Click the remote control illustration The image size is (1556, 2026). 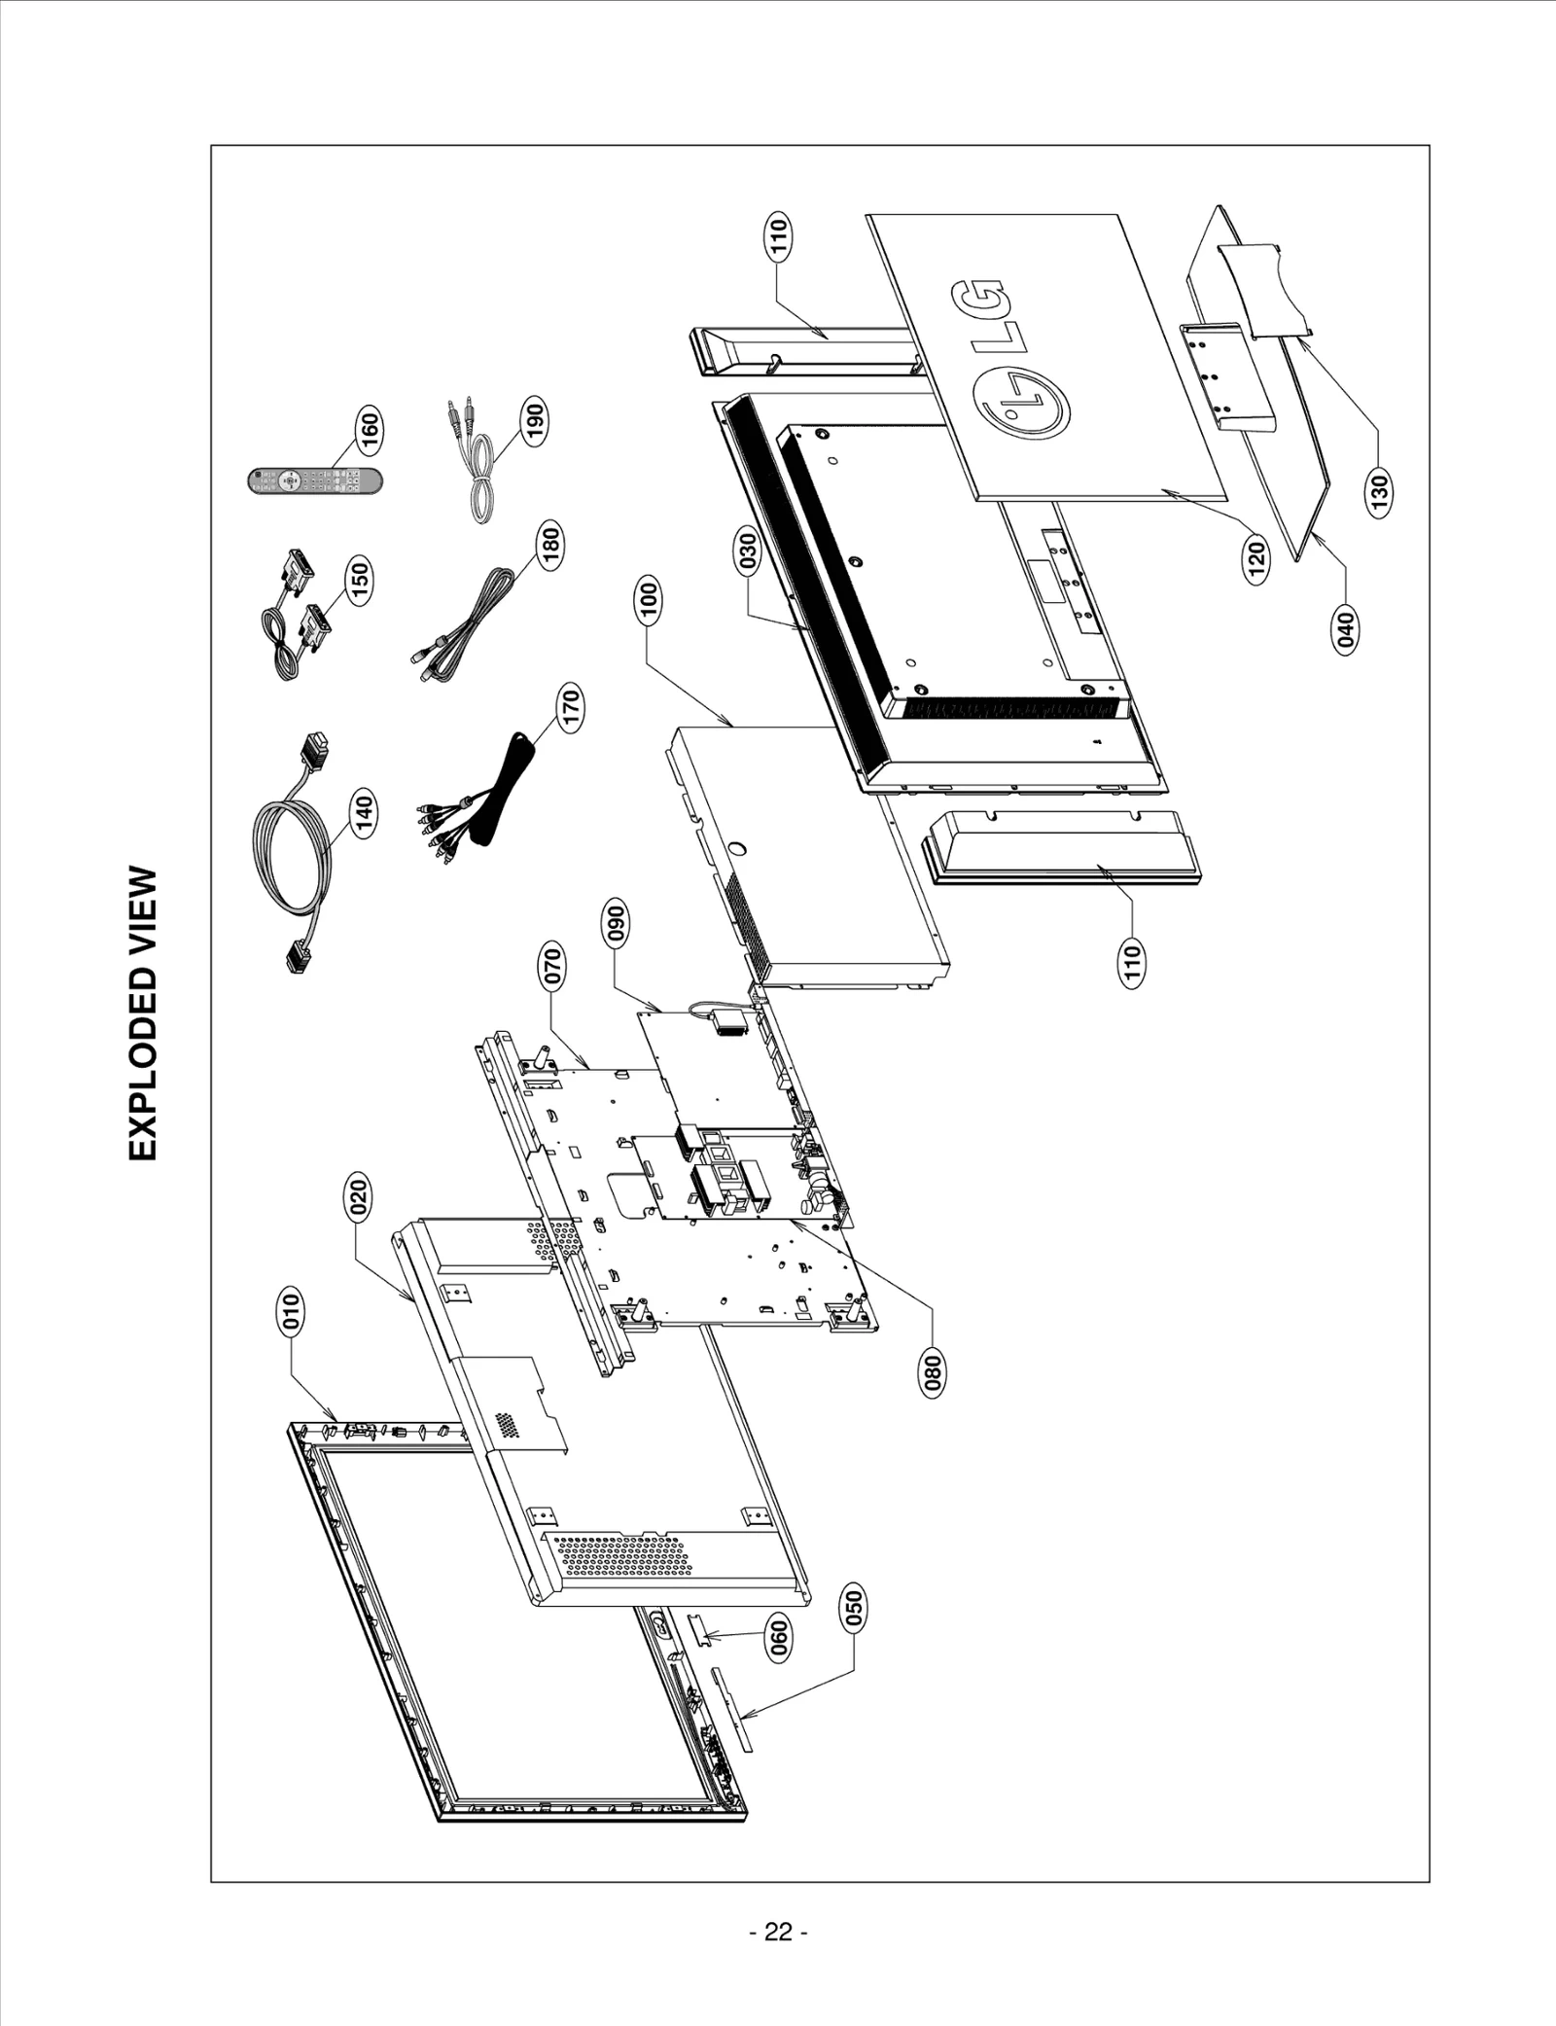[313, 480]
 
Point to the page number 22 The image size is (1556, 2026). [778, 1932]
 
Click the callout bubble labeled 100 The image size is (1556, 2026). [649, 600]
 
